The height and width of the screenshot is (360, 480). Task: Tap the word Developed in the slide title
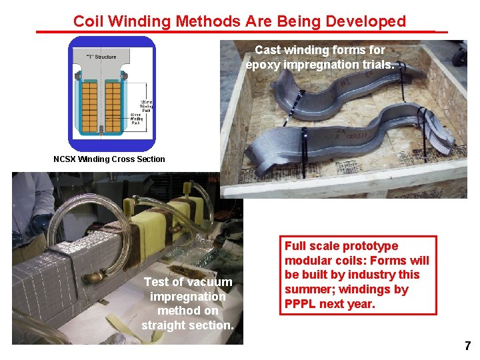(x=366, y=21)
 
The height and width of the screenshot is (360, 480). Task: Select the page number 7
(x=467, y=346)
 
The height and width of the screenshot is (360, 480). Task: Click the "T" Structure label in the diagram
(x=101, y=57)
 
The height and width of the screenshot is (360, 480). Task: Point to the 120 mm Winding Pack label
(x=147, y=103)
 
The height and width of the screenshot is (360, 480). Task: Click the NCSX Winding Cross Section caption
(x=109, y=159)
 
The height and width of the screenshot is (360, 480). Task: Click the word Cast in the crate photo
(x=268, y=50)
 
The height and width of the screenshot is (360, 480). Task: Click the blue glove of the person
(x=37, y=225)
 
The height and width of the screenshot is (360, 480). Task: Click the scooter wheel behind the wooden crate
(x=459, y=53)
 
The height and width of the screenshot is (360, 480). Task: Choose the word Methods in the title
(x=206, y=21)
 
